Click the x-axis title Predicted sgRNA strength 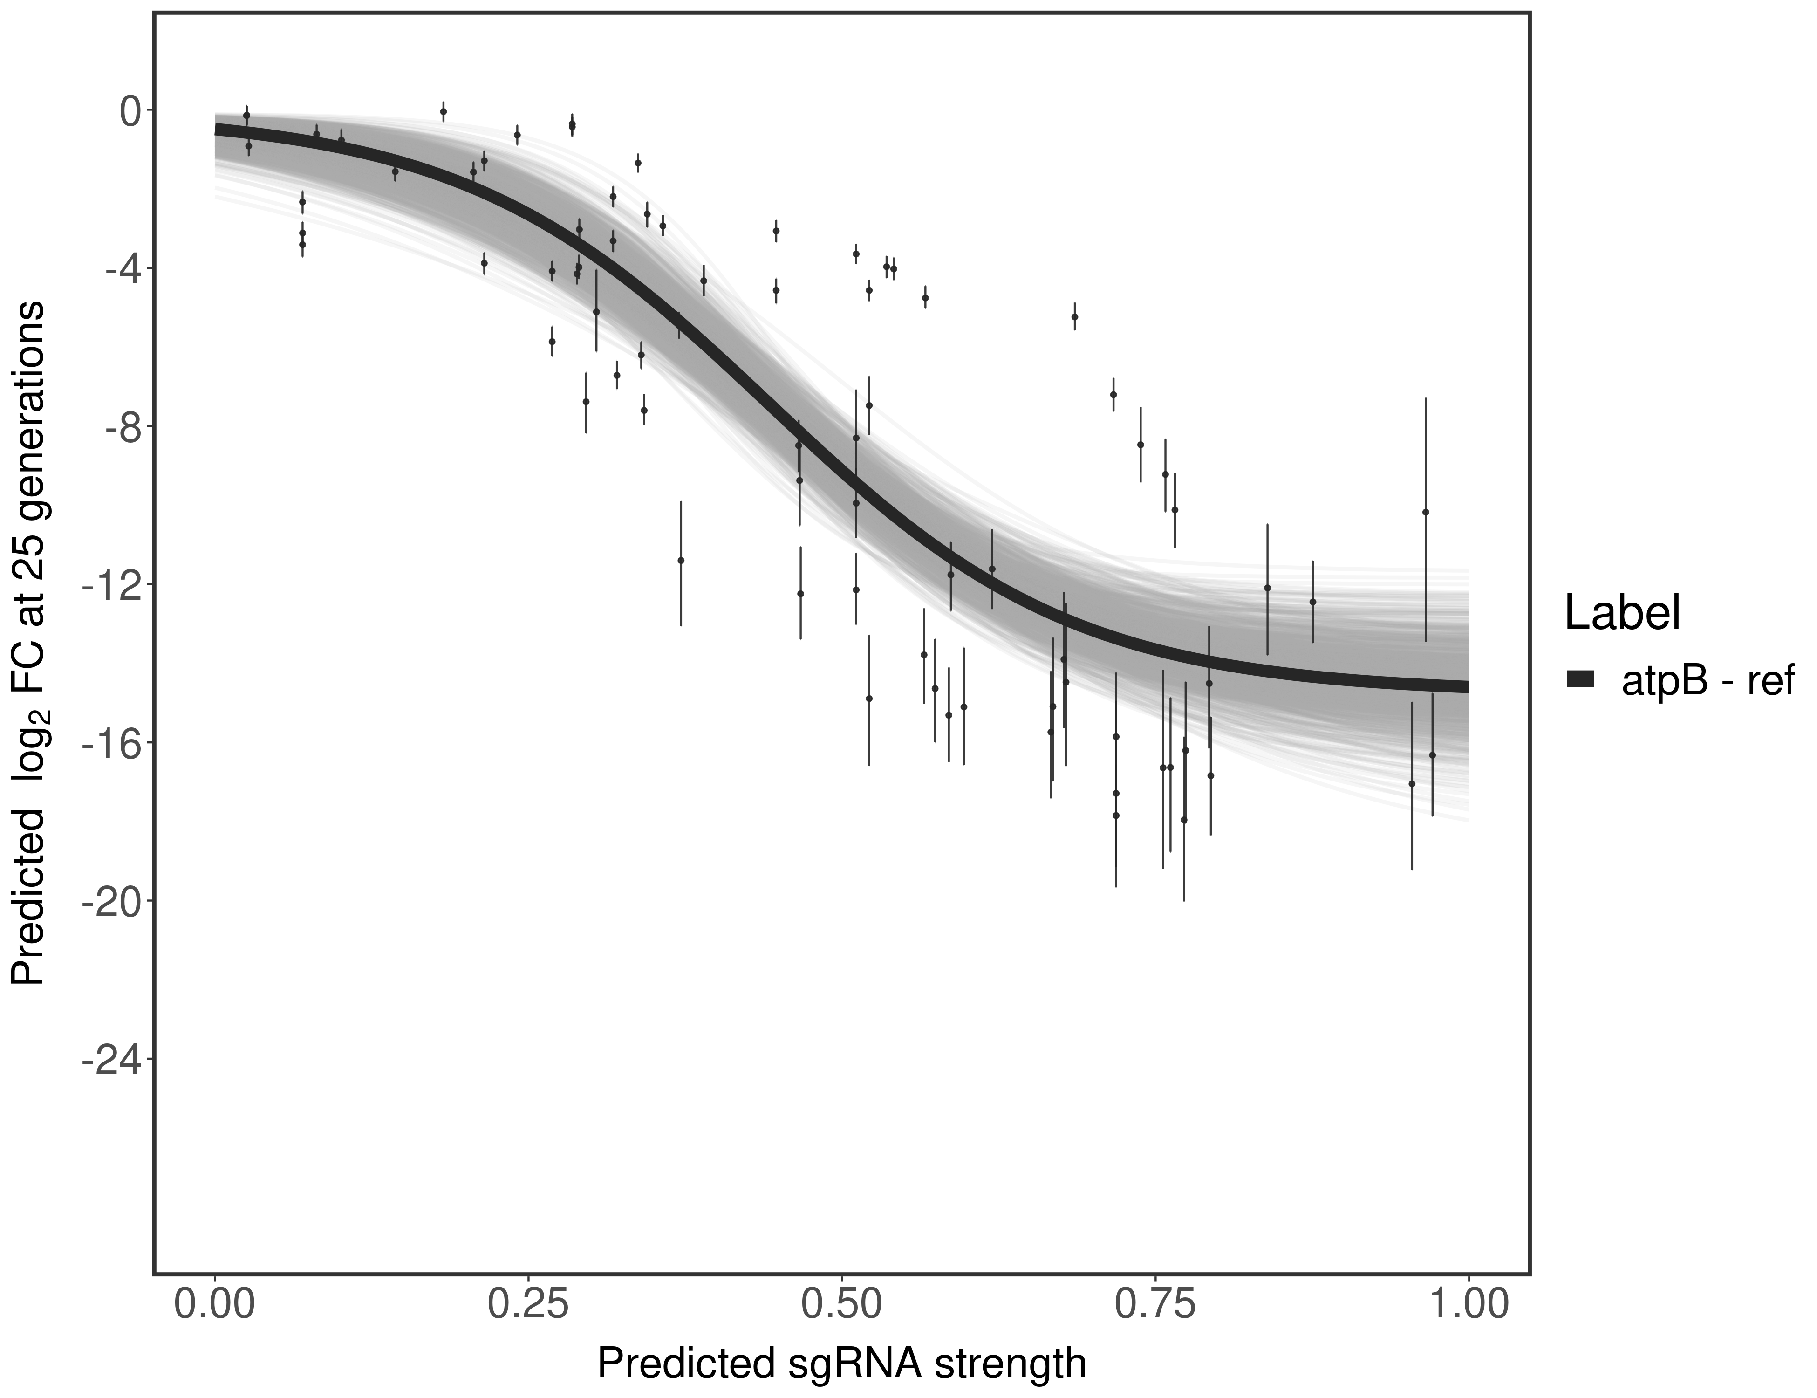(x=842, y=1365)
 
